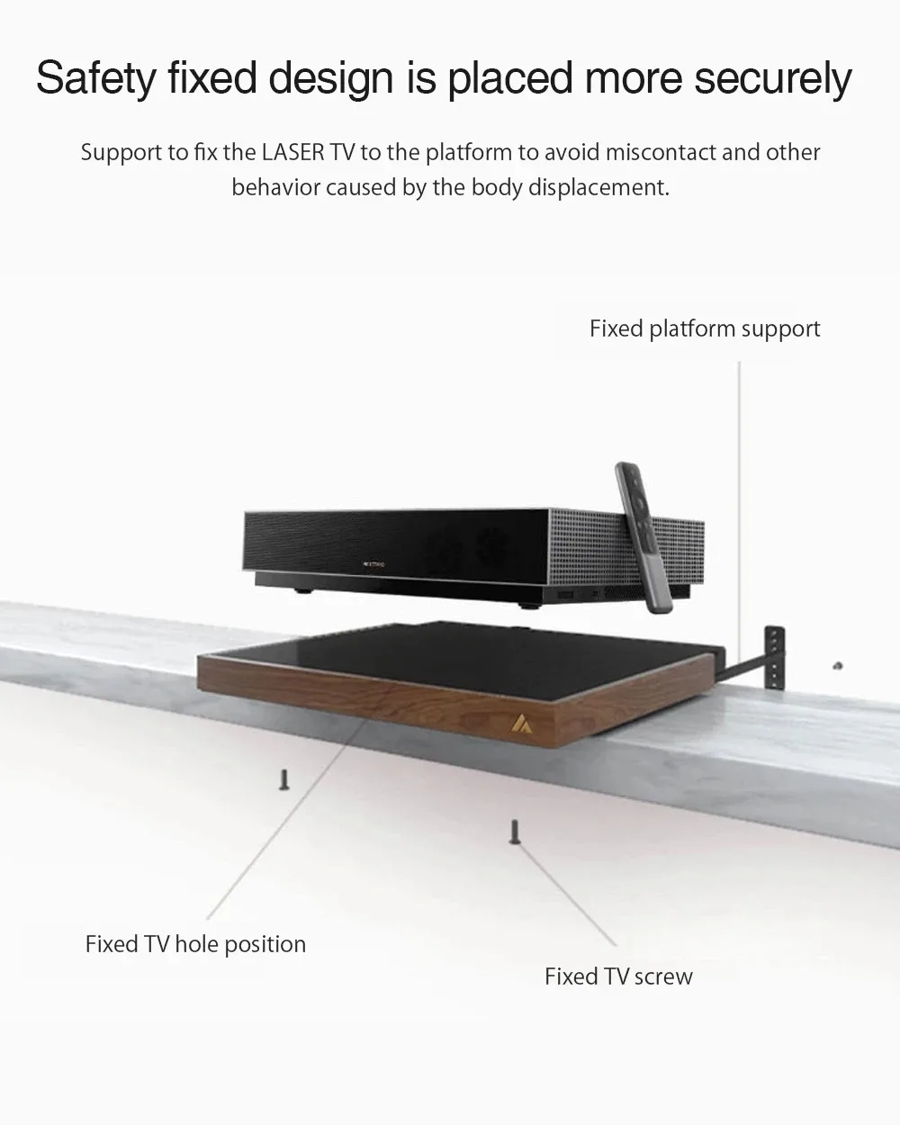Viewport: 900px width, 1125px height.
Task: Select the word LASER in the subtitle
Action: [x=293, y=152]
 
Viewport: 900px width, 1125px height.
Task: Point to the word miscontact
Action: [x=660, y=152]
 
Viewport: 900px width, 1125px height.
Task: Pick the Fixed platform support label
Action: [x=705, y=328]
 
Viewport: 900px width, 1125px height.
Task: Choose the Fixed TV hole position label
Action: [x=195, y=944]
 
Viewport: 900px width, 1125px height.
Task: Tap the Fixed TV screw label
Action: [x=618, y=976]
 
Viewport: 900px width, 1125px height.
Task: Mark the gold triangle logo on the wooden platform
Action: [x=520, y=723]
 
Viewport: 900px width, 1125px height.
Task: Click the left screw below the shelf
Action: [x=285, y=779]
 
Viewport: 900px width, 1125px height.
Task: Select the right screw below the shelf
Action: [x=515, y=831]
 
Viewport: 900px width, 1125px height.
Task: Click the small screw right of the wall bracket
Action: [x=837, y=665]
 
